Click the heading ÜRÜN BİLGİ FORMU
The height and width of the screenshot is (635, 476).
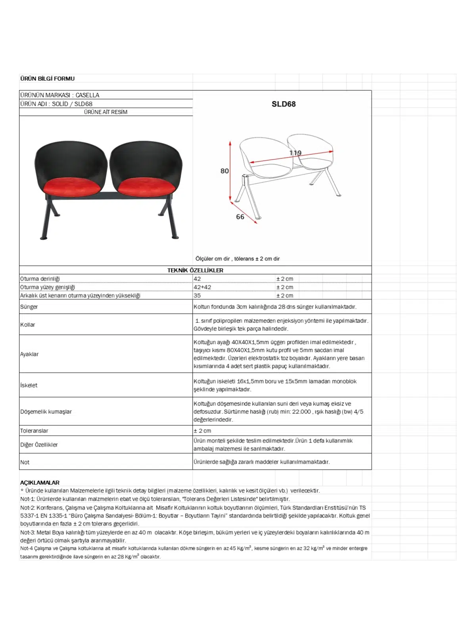pyautogui.click(x=47, y=79)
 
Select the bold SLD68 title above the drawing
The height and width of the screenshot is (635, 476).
pyautogui.click(x=283, y=104)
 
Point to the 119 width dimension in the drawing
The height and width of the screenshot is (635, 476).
pyautogui.click(x=295, y=153)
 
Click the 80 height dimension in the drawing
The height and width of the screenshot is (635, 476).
pyautogui.click(x=225, y=171)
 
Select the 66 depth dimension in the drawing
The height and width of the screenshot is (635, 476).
pyautogui.click(x=240, y=217)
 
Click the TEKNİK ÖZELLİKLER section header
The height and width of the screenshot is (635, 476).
pyautogui.click(x=195, y=270)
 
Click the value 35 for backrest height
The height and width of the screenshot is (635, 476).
pyautogui.click(x=197, y=296)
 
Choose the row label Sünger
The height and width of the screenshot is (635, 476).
pyautogui.click(x=29, y=307)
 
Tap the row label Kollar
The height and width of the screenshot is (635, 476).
pyautogui.click(x=28, y=325)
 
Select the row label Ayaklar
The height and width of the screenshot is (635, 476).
pyautogui.click(x=29, y=354)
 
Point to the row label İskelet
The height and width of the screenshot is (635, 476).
pyautogui.click(x=29, y=385)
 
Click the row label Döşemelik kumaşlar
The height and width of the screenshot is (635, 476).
pyautogui.click(x=46, y=412)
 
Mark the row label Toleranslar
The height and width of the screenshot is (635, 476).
pyautogui.click(x=34, y=431)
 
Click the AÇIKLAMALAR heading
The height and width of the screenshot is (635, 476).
pyautogui.click(x=40, y=483)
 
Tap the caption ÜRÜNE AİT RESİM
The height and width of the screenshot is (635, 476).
pyautogui.click(x=106, y=112)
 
